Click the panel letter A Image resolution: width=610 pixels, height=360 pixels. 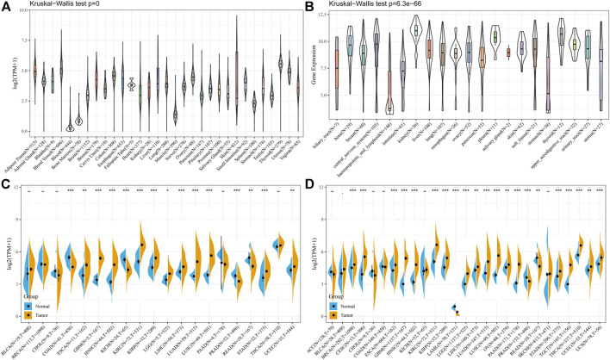(5, 7)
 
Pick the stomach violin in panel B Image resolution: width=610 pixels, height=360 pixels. (548, 86)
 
